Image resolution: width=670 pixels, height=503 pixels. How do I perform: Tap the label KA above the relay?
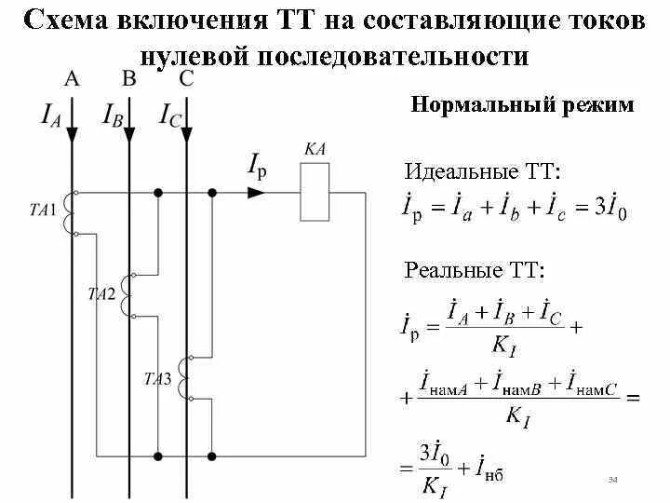pos(314,149)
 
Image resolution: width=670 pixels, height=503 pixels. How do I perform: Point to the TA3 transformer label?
pos(157,378)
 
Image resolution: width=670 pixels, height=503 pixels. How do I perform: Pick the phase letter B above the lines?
pos(128,79)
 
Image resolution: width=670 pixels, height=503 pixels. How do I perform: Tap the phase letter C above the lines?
pos(185,79)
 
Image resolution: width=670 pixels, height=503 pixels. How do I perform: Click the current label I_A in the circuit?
pos(51,115)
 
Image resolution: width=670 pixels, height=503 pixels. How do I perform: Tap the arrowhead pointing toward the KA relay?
pos(256,193)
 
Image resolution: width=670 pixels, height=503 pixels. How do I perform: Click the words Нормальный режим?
pos(522,104)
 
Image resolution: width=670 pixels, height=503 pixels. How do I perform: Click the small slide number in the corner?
pos(613,480)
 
